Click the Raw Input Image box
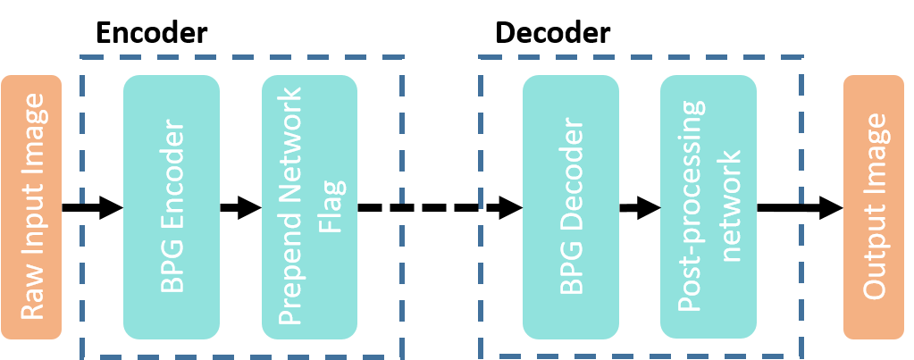[31, 207]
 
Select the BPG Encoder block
[171, 207]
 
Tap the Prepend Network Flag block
[309, 207]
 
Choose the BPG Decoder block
[570, 207]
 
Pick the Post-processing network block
[708, 207]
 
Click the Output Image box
[873, 207]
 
